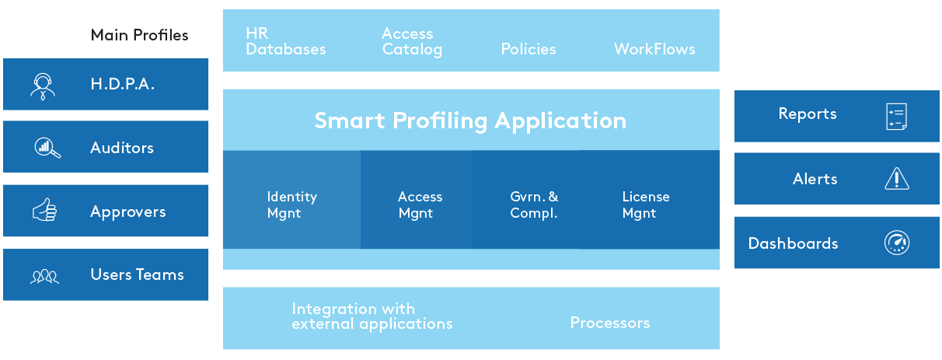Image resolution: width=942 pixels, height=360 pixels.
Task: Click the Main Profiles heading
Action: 139,35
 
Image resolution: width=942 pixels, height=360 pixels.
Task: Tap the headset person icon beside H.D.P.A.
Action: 43,86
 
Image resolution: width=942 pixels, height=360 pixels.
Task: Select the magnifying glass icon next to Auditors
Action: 47,148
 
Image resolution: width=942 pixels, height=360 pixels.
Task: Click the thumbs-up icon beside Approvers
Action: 44,210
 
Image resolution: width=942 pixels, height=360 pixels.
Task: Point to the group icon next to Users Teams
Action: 44,276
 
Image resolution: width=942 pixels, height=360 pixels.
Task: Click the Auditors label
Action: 122,148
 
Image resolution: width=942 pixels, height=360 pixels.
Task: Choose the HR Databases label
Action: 285,42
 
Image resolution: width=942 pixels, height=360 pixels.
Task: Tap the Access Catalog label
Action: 412,42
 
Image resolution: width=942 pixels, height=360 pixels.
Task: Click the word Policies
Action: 529,49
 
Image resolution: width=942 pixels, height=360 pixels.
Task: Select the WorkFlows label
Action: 654,49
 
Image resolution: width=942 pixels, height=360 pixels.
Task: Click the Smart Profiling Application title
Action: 470,121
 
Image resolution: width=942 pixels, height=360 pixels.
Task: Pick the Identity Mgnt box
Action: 291,199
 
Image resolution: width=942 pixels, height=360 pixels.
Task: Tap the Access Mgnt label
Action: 420,204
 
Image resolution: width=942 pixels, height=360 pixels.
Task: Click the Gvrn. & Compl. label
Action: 534,204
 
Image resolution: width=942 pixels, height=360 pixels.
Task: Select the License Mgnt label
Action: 646,204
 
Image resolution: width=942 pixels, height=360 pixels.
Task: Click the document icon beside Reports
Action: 897,117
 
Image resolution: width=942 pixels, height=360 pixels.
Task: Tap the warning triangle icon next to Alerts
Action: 897,179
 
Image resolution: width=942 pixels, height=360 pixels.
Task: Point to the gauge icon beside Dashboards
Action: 897,243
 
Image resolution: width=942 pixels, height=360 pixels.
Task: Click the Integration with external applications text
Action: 372,316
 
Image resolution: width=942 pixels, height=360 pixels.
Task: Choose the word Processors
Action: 610,323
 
